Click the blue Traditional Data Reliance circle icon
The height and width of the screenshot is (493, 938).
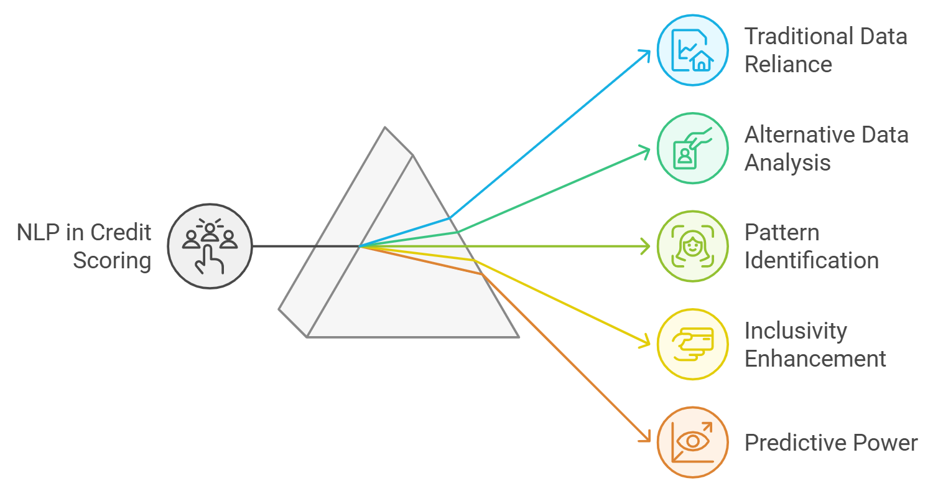click(692, 50)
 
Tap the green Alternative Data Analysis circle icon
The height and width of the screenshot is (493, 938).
click(692, 148)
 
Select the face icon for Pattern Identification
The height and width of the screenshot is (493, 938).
click(692, 247)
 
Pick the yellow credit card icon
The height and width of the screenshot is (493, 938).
click(692, 344)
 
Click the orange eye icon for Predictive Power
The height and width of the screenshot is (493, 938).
click(692, 443)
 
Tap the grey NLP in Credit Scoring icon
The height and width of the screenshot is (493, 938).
click(210, 247)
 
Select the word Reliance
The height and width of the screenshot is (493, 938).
click(788, 64)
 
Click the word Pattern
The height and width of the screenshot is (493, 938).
click(782, 233)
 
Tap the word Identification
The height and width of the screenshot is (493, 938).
click(811, 260)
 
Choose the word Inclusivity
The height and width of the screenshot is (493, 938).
click(796, 331)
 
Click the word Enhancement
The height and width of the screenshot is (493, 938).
click(815, 359)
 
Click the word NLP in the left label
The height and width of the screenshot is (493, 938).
click(36, 233)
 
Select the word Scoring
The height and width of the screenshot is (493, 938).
click(112, 260)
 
